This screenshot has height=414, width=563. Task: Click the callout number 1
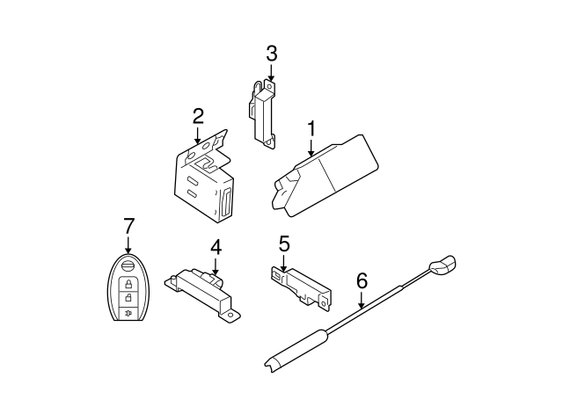(311, 129)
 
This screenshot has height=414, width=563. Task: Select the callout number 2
(198, 116)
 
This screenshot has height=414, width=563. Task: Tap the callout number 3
(272, 54)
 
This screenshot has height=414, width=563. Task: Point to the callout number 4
(216, 248)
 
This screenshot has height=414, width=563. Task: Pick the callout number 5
(284, 244)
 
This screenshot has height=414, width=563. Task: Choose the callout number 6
(362, 281)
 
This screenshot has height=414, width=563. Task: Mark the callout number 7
(128, 226)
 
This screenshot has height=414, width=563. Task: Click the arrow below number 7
(128, 244)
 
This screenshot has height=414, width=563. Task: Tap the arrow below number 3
(272, 72)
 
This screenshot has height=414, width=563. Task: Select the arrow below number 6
(362, 300)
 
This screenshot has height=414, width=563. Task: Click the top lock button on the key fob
(128, 285)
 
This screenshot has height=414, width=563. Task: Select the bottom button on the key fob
(128, 314)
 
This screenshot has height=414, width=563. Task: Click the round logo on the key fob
(128, 266)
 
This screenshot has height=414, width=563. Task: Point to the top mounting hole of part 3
(270, 86)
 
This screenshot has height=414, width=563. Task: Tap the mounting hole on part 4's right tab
(230, 315)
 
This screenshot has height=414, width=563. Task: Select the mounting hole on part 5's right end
(325, 304)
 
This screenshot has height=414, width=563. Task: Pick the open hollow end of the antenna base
(270, 363)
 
